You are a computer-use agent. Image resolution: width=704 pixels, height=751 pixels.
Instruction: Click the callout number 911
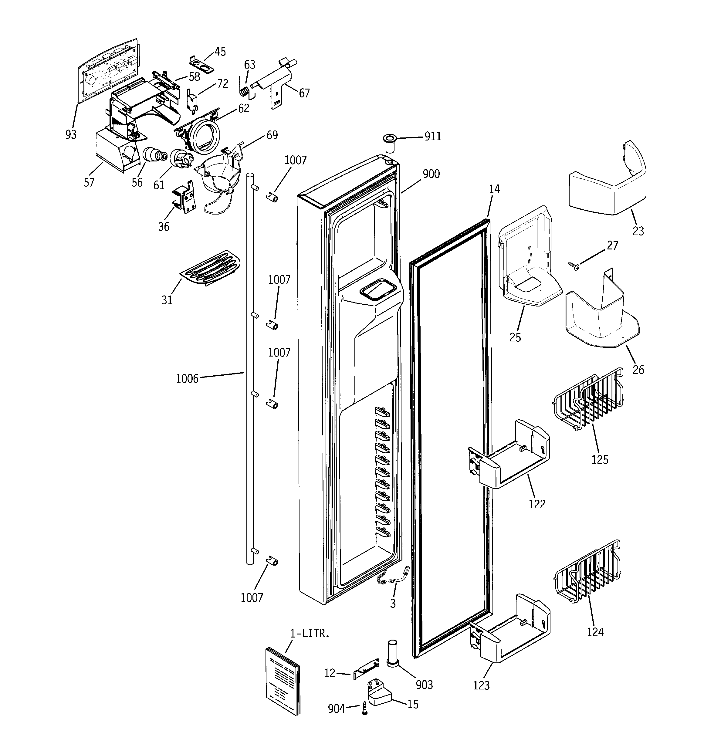[433, 136]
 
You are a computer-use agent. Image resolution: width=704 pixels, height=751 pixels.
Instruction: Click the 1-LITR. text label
[310, 634]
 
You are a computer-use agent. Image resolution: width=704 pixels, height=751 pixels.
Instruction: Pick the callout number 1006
[187, 378]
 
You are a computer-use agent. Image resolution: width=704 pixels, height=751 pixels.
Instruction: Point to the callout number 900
[431, 174]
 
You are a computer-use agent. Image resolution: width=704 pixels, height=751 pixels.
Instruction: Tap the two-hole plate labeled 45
[201, 65]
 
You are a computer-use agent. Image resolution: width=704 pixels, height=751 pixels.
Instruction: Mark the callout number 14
[494, 189]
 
